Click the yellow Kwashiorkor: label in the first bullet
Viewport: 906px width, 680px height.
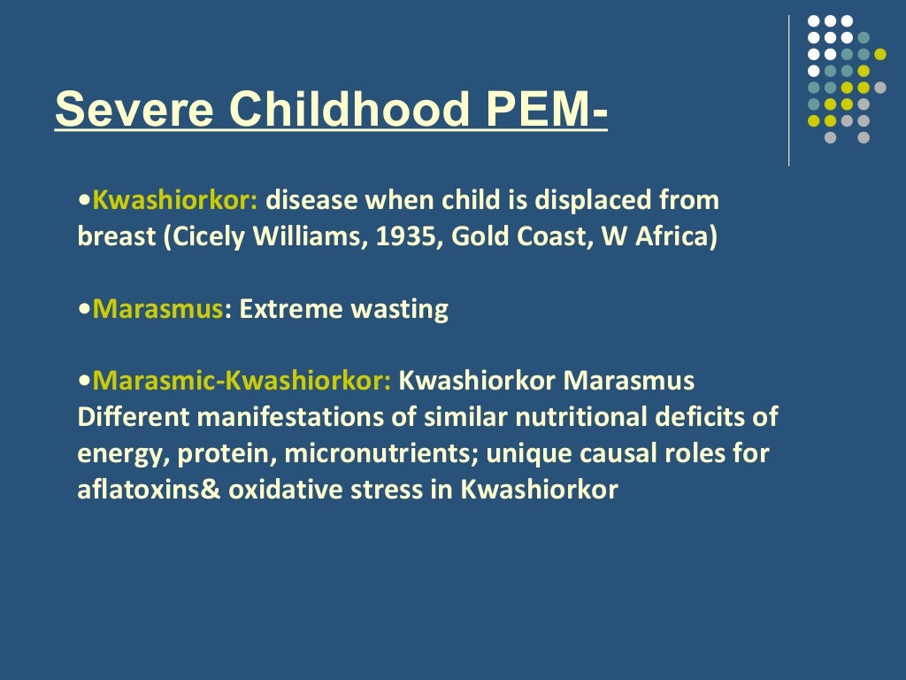[x=175, y=201]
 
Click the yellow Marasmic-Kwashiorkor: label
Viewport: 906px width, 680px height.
[x=242, y=382]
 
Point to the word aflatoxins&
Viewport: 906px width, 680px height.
[x=150, y=490]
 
